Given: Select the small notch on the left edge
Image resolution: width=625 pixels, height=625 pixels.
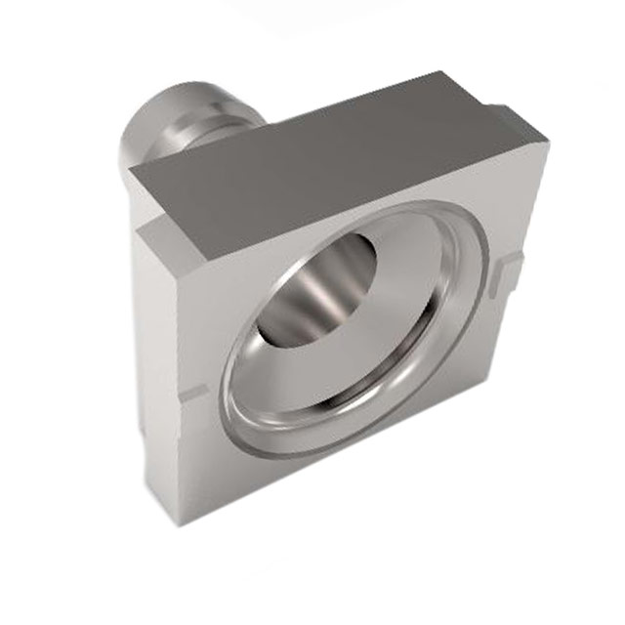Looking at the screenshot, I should pos(191,394).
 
